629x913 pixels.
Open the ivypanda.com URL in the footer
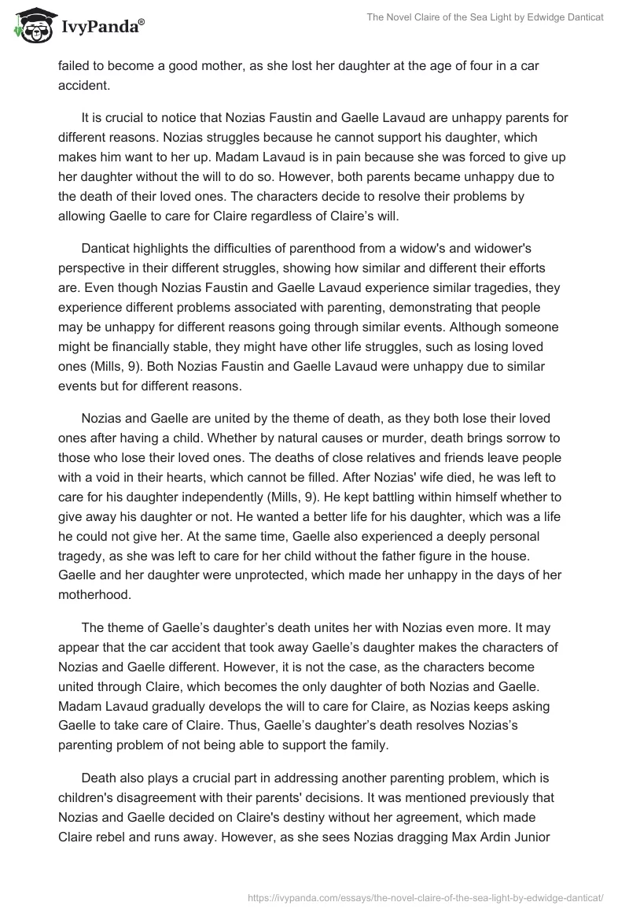(x=425, y=896)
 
